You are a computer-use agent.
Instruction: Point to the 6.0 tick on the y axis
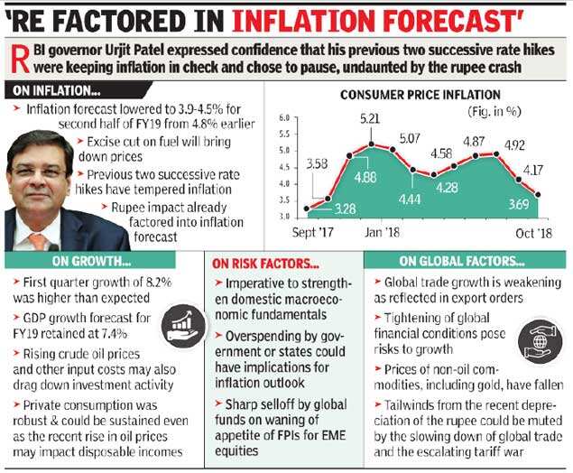click(x=284, y=118)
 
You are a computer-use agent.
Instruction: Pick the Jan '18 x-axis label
click(x=382, y=232)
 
